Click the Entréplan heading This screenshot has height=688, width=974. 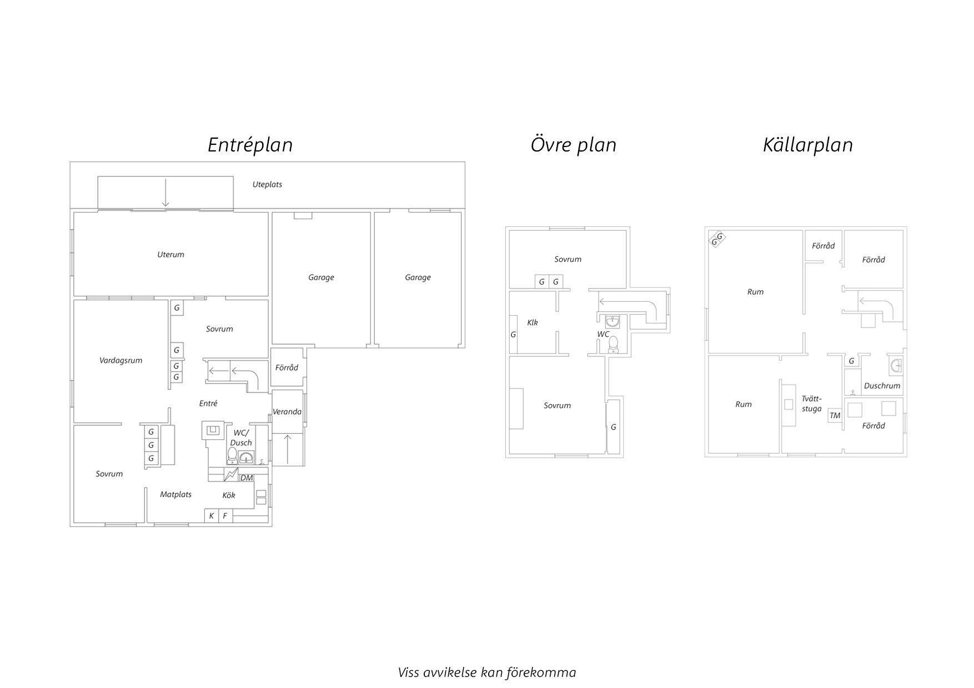tap(250, 145)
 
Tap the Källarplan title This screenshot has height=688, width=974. tap(807, 145)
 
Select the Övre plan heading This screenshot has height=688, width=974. tap(573, 145)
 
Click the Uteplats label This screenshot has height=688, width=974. tap(267, 184)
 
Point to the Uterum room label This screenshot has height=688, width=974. tap(170, 255)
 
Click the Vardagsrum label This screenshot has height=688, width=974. tap(121, 361)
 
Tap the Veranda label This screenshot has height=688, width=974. tap(287, 412)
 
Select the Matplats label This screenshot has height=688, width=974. tap(175, 494)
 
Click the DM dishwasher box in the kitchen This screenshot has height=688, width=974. tap(246, 478)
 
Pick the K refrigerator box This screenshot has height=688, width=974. tap(212, 516)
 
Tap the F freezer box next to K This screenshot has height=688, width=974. tap(225, 516)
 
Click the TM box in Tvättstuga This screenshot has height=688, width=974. tap(835, 416)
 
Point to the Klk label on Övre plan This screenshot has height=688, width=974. tap(533, 322)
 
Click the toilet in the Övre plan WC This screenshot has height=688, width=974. tap(613, 345)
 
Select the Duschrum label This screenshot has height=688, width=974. tap(882, 386)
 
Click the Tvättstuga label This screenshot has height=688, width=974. tap(811, 403)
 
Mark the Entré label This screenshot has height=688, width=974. tap(208, 403)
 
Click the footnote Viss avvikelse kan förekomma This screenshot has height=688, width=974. tap(487, 672)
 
